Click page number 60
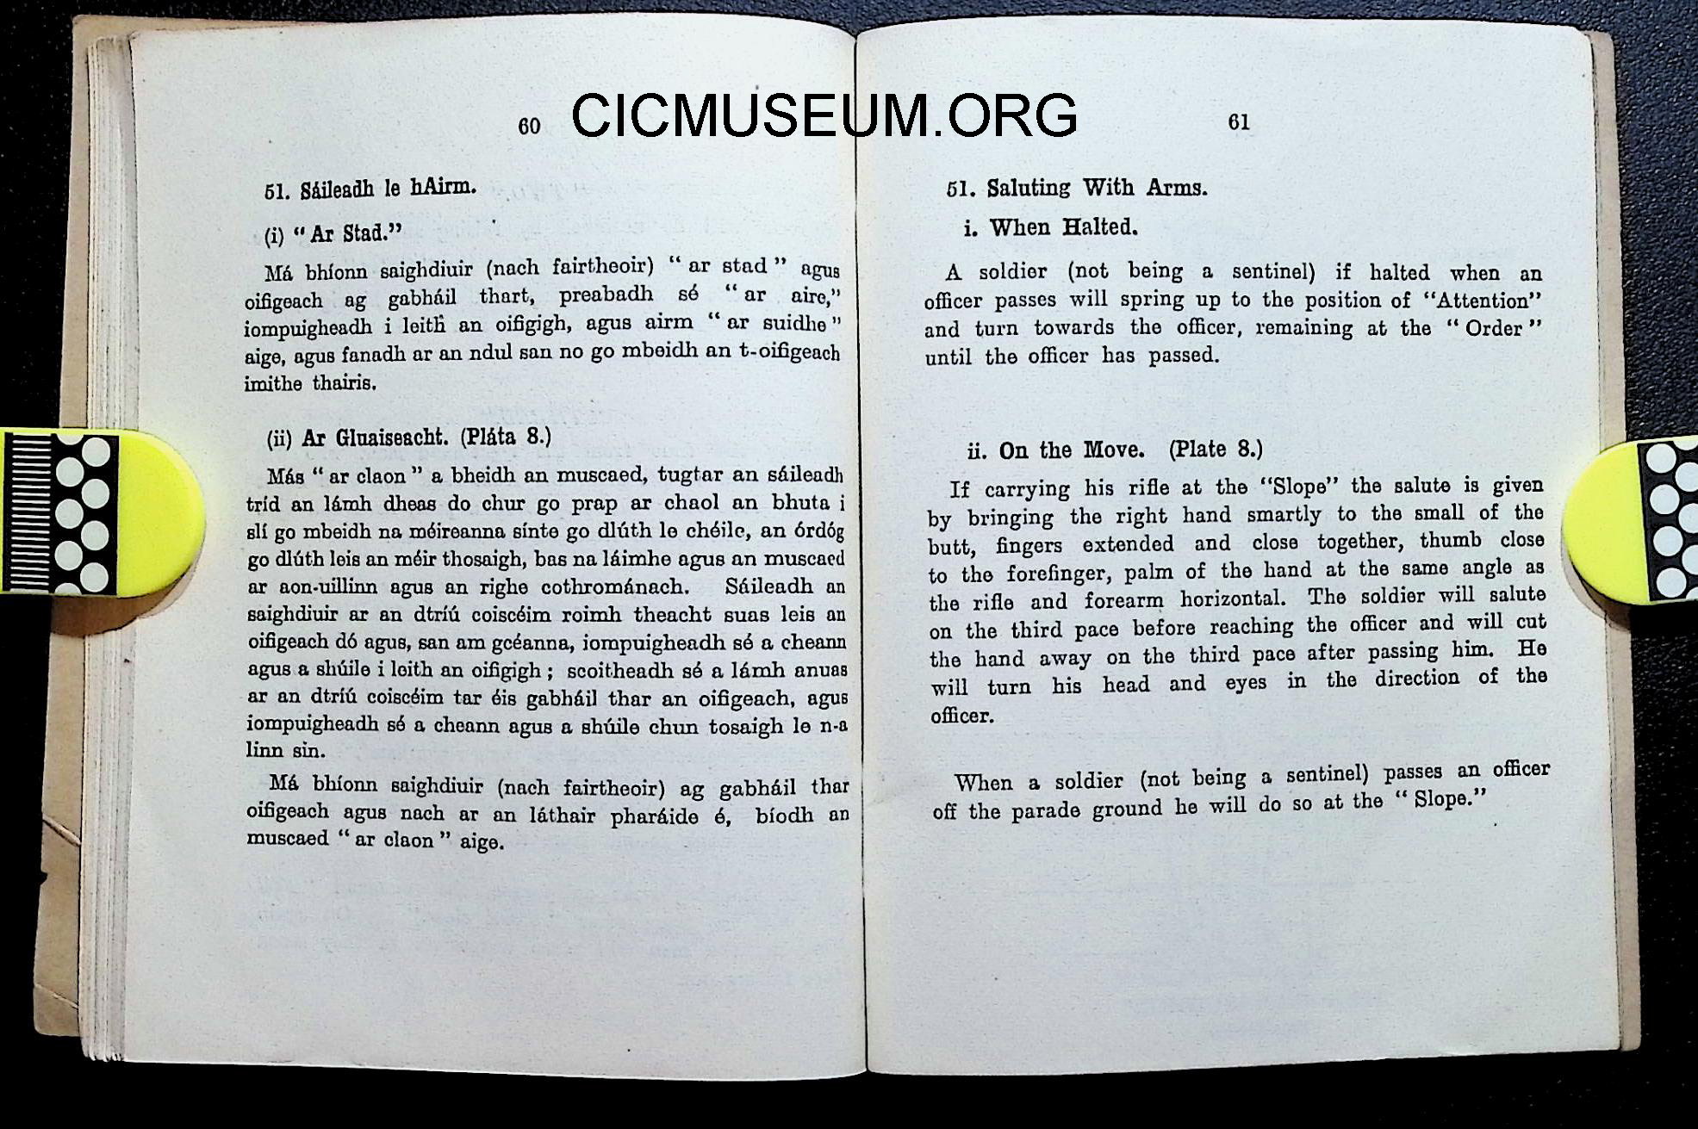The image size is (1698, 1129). click(529, 127)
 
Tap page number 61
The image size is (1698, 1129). click(1239, 122)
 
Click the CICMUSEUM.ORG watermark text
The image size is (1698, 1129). click(824, 115)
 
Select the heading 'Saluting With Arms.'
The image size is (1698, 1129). click(1097, 188)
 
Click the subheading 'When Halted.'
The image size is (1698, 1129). click(1063, 227)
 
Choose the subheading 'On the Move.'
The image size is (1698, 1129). click(1072, 450)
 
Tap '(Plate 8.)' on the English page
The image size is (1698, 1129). click(1216, 449)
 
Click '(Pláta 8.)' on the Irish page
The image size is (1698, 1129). click(506, 436)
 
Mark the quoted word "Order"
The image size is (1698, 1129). click(1493, 328)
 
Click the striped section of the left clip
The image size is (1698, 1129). click(28, 512)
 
